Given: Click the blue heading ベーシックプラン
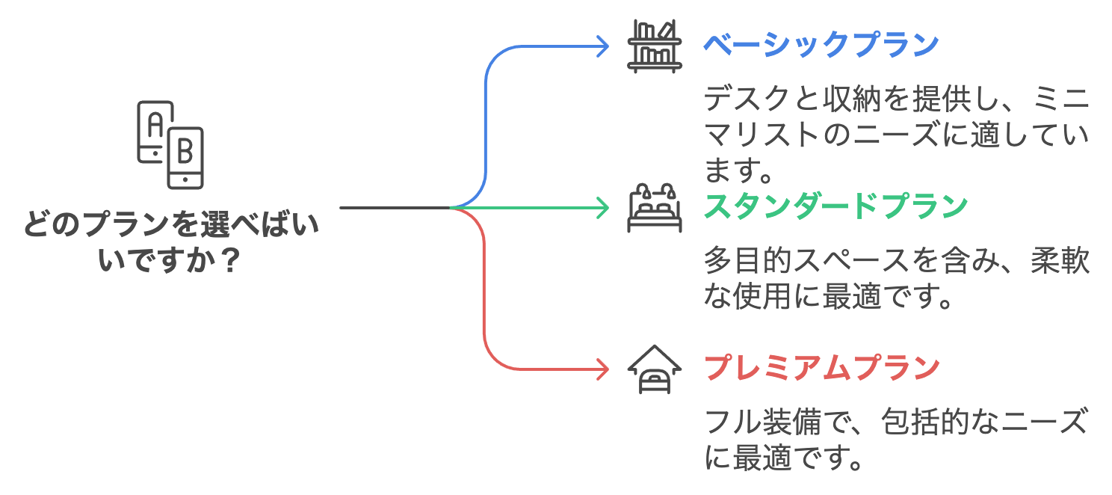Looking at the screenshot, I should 821,46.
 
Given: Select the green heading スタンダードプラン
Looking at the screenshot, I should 835,207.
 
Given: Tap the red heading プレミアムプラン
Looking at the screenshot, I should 821,368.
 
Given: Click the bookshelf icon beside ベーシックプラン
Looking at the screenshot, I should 654,46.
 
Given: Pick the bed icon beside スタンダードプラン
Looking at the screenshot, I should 654,207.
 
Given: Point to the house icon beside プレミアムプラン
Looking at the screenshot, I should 654,369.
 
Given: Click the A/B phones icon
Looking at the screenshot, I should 170,144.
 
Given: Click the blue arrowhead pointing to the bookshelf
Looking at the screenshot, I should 604,46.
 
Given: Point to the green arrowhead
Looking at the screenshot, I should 604,207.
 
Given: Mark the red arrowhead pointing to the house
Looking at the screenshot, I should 604,369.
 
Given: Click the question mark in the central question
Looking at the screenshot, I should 232,261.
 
